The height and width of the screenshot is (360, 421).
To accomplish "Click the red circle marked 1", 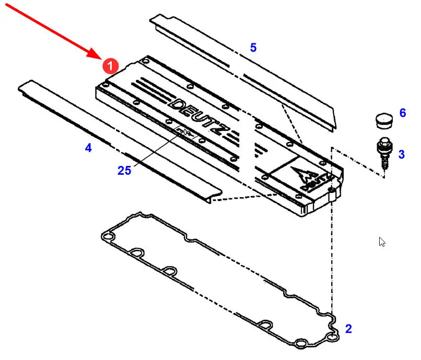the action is click(110, 66).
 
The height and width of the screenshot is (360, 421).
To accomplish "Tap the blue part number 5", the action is click(253, 47).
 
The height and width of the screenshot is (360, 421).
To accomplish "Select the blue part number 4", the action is click(88, 148).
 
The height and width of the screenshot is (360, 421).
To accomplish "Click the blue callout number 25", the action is click(124, 170).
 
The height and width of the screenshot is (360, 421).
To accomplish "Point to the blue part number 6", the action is click(403, 113).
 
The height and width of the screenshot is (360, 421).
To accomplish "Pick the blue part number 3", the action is click(401, 154).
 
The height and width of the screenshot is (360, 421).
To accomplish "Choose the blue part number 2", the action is click(348, 329).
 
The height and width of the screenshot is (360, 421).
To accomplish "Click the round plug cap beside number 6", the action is click(384, 121).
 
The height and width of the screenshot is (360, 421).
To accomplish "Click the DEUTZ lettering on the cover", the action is click(200, 116).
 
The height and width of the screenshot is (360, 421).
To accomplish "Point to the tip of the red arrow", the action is click(102, 59).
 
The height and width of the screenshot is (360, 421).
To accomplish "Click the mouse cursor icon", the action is click(382, 242).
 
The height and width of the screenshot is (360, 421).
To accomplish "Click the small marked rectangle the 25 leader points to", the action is click(185, 131).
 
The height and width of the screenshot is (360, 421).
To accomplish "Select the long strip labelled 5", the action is click(242, 73).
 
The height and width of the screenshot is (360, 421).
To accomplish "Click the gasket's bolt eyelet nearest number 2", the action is click(333, 337).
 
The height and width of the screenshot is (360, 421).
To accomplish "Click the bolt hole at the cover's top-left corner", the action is click(146, 62).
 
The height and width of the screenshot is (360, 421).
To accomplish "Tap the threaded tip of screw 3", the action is click(384, 167).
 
